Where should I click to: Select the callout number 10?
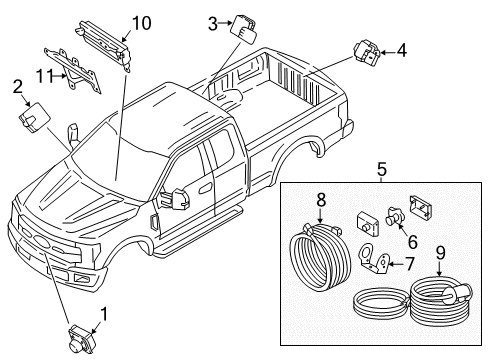click(141, 22)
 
